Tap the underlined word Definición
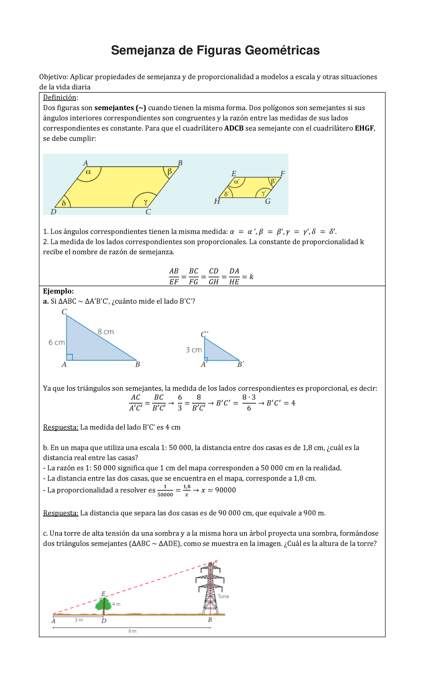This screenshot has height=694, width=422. point(59,98)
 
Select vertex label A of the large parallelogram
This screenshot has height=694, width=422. point(85,163)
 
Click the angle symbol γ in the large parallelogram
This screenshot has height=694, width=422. point(146,202)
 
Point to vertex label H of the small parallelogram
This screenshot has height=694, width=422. point(217,202)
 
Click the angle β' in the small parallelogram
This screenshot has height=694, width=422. point(273,181)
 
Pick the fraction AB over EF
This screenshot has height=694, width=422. point(174,276)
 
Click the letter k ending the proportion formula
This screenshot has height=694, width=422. point(251,277)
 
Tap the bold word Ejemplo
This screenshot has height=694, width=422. point(58,291)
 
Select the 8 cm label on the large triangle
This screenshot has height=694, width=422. point(105,332)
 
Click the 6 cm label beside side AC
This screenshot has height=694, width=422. point(56,342)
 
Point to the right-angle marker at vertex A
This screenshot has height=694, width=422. point(70,357)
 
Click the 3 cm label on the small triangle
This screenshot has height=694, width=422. point(194,350)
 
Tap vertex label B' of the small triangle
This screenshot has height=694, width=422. point(241,365)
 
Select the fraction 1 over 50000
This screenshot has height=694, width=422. point(165,491)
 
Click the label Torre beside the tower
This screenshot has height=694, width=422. point(223,596)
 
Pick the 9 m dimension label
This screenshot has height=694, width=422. point(132,631)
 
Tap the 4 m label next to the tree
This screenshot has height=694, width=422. point(116,604)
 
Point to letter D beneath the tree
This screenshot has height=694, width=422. point(104,621)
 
